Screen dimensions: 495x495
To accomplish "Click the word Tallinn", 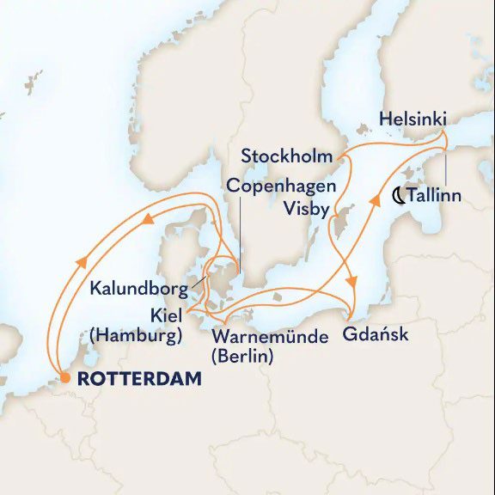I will tap(436, 196).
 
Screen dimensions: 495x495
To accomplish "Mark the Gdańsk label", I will tap(375, 333).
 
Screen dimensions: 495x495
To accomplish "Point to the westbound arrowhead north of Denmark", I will tap(149, 220).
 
